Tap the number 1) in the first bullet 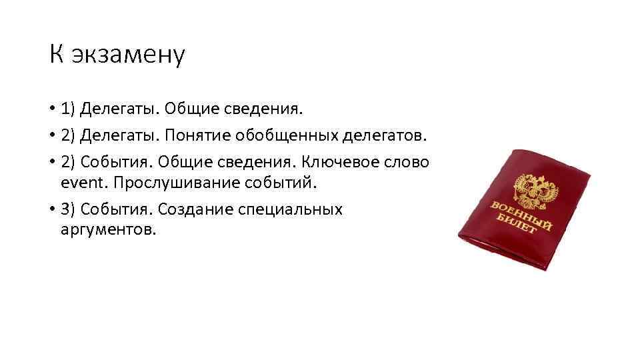point(68,108)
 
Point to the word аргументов point(107,229)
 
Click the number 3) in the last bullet point(68,209)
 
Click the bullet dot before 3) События point(51,210)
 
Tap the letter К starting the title point(55,55)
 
